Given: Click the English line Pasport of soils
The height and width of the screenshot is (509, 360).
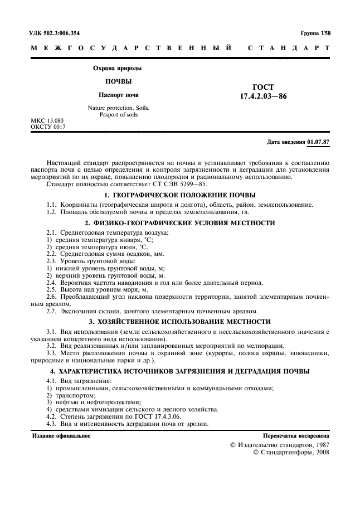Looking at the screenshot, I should click(x=115, y=114).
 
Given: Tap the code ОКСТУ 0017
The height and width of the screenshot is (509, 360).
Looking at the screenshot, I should click(x=48, y=127).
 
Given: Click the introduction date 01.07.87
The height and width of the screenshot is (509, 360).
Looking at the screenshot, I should click(x=318, y=142).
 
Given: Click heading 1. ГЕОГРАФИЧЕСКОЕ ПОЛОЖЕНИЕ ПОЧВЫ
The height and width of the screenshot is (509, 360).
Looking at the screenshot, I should click(x=180, y=195).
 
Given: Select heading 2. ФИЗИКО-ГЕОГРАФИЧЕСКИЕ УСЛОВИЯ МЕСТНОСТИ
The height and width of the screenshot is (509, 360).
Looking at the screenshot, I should click(x=180, y=222).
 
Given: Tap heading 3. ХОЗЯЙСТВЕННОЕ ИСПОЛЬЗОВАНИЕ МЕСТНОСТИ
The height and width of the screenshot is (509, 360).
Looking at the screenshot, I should click(x=180, y=322).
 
